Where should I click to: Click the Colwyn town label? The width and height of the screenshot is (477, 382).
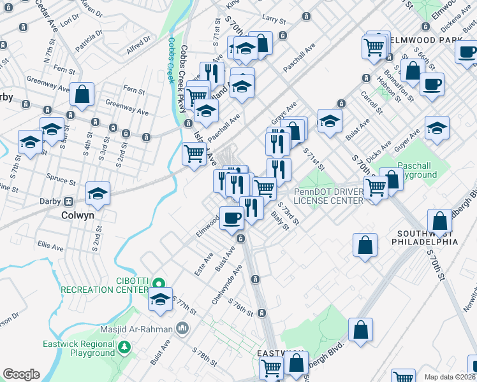tap(77, 215)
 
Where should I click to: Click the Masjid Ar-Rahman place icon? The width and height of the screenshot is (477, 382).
tap(183, 329)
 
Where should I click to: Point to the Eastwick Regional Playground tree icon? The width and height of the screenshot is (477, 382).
tap(125, 347)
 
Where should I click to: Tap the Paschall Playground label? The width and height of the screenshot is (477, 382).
tap(418, 170)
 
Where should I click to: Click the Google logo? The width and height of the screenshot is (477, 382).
tap(21, 374)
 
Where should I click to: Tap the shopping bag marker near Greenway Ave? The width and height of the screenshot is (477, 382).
tap(83, 95)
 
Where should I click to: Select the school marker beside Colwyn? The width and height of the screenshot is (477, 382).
tap(98, 194)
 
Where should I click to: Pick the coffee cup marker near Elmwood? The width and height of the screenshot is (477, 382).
tap(231, 218)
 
